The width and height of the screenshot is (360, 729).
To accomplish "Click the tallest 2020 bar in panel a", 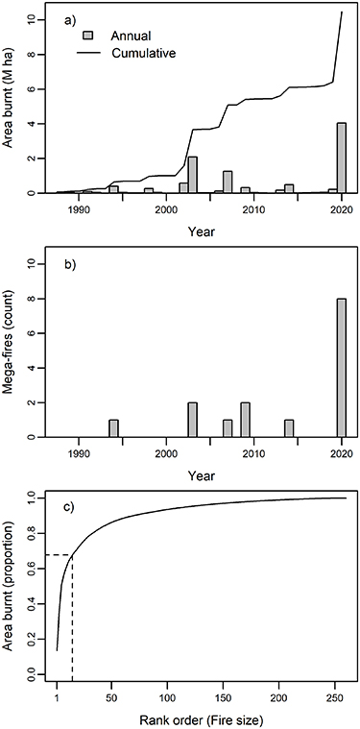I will coord(341,158).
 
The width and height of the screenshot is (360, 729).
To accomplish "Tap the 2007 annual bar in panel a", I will coord(228,182).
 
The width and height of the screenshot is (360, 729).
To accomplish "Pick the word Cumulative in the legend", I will coord(149,52).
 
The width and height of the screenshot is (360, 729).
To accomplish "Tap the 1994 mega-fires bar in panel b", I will coord(113,428).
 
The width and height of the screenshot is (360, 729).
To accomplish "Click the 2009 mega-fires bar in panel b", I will coord(245,420).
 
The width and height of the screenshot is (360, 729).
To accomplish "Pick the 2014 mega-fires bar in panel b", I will coord(289,428).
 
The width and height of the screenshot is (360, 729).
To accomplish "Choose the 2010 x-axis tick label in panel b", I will coord(253,451).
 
